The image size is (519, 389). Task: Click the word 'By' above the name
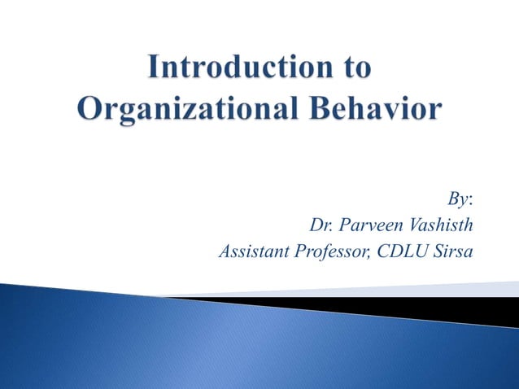click(x=458, y=199)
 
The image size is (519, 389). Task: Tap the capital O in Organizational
click(x=90, y=108)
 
